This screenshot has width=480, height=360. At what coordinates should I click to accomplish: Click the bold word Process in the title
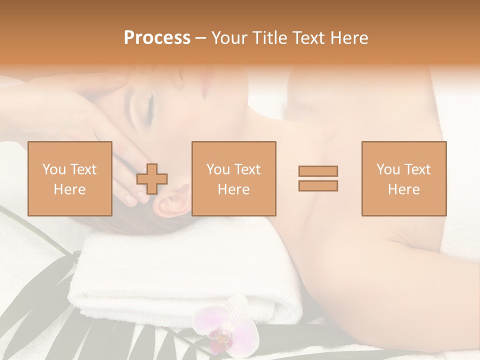coord(157,38)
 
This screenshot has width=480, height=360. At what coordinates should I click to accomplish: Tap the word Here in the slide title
coord(348,38)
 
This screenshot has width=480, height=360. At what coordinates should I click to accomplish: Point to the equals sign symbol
coord(318,178)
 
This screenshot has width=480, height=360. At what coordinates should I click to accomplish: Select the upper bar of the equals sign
coord(318,171)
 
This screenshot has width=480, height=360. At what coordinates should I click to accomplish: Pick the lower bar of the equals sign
coord(318,185)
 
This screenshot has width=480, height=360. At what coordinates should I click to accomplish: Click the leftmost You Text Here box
coord(69,178)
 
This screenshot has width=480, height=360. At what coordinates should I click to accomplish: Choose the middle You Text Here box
coord(233,178)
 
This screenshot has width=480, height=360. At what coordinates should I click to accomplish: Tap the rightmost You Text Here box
coord(403,178)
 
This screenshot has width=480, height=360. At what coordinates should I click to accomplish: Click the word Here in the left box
coord(69,189)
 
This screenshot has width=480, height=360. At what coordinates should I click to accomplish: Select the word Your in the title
coord(228,38)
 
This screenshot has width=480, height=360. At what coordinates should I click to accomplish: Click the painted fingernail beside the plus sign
coord(131,200)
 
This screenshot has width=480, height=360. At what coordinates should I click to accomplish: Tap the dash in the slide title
coord(201,38)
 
